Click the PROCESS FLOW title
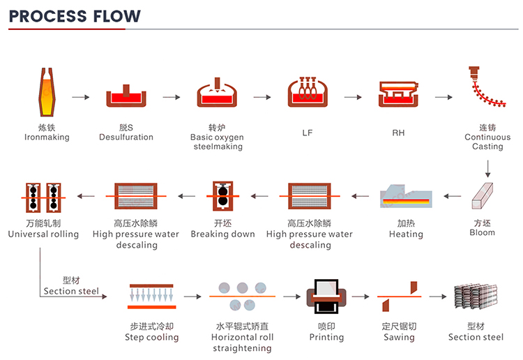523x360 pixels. point(75,15)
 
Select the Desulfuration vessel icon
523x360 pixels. point(126,97)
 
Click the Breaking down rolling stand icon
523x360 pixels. point(222,196)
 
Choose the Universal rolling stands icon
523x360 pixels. point(43,197)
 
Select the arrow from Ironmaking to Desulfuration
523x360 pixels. point(82,97)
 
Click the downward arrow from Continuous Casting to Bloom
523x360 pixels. point(488,168)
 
